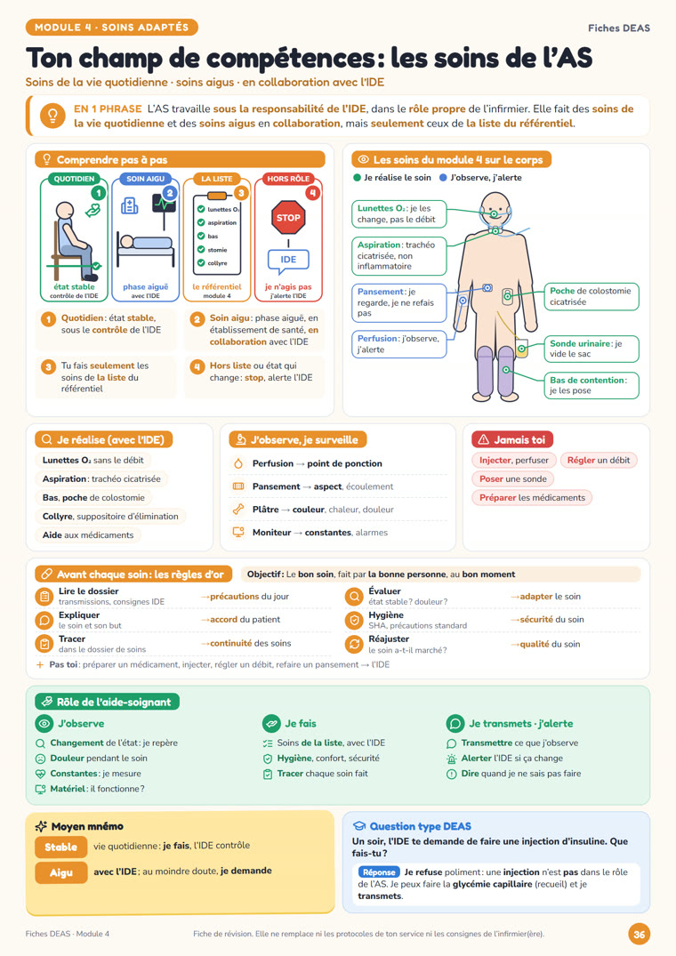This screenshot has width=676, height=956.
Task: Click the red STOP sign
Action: [x=288, y=218]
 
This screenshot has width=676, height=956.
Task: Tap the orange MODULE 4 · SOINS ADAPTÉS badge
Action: [x=111, y=28]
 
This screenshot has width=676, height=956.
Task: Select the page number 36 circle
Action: [x=639, y=934]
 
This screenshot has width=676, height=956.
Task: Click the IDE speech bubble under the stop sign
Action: [x=288, y=260]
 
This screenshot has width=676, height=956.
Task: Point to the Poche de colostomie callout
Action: [x=591, y=296]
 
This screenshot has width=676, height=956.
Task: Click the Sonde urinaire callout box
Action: [x=591, y=349]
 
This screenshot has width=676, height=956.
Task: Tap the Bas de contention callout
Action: [x=591, y=385]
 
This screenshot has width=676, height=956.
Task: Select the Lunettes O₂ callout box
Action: [x=398, y=214]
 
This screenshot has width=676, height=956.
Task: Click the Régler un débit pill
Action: [x=599, y=461]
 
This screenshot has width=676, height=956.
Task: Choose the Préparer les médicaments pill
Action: [x=532, y=497]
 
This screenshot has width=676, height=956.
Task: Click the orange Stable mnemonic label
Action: [x=61, y=847]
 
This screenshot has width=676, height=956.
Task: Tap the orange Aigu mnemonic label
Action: [x=61, y=872]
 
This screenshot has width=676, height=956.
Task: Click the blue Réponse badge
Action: [x=379, y=872]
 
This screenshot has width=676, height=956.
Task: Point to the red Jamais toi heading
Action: [x=512, y=439]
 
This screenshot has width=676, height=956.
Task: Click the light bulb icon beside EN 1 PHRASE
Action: [x=52, y=116]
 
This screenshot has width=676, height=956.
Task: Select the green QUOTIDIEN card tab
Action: [x=75, y=179]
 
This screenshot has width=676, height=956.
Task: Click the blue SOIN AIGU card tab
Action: [x=145, y=179]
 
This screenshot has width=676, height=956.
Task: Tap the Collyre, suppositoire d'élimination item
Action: [x=110, y=517]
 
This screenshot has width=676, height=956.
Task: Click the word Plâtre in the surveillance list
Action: [x=265, y=510]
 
